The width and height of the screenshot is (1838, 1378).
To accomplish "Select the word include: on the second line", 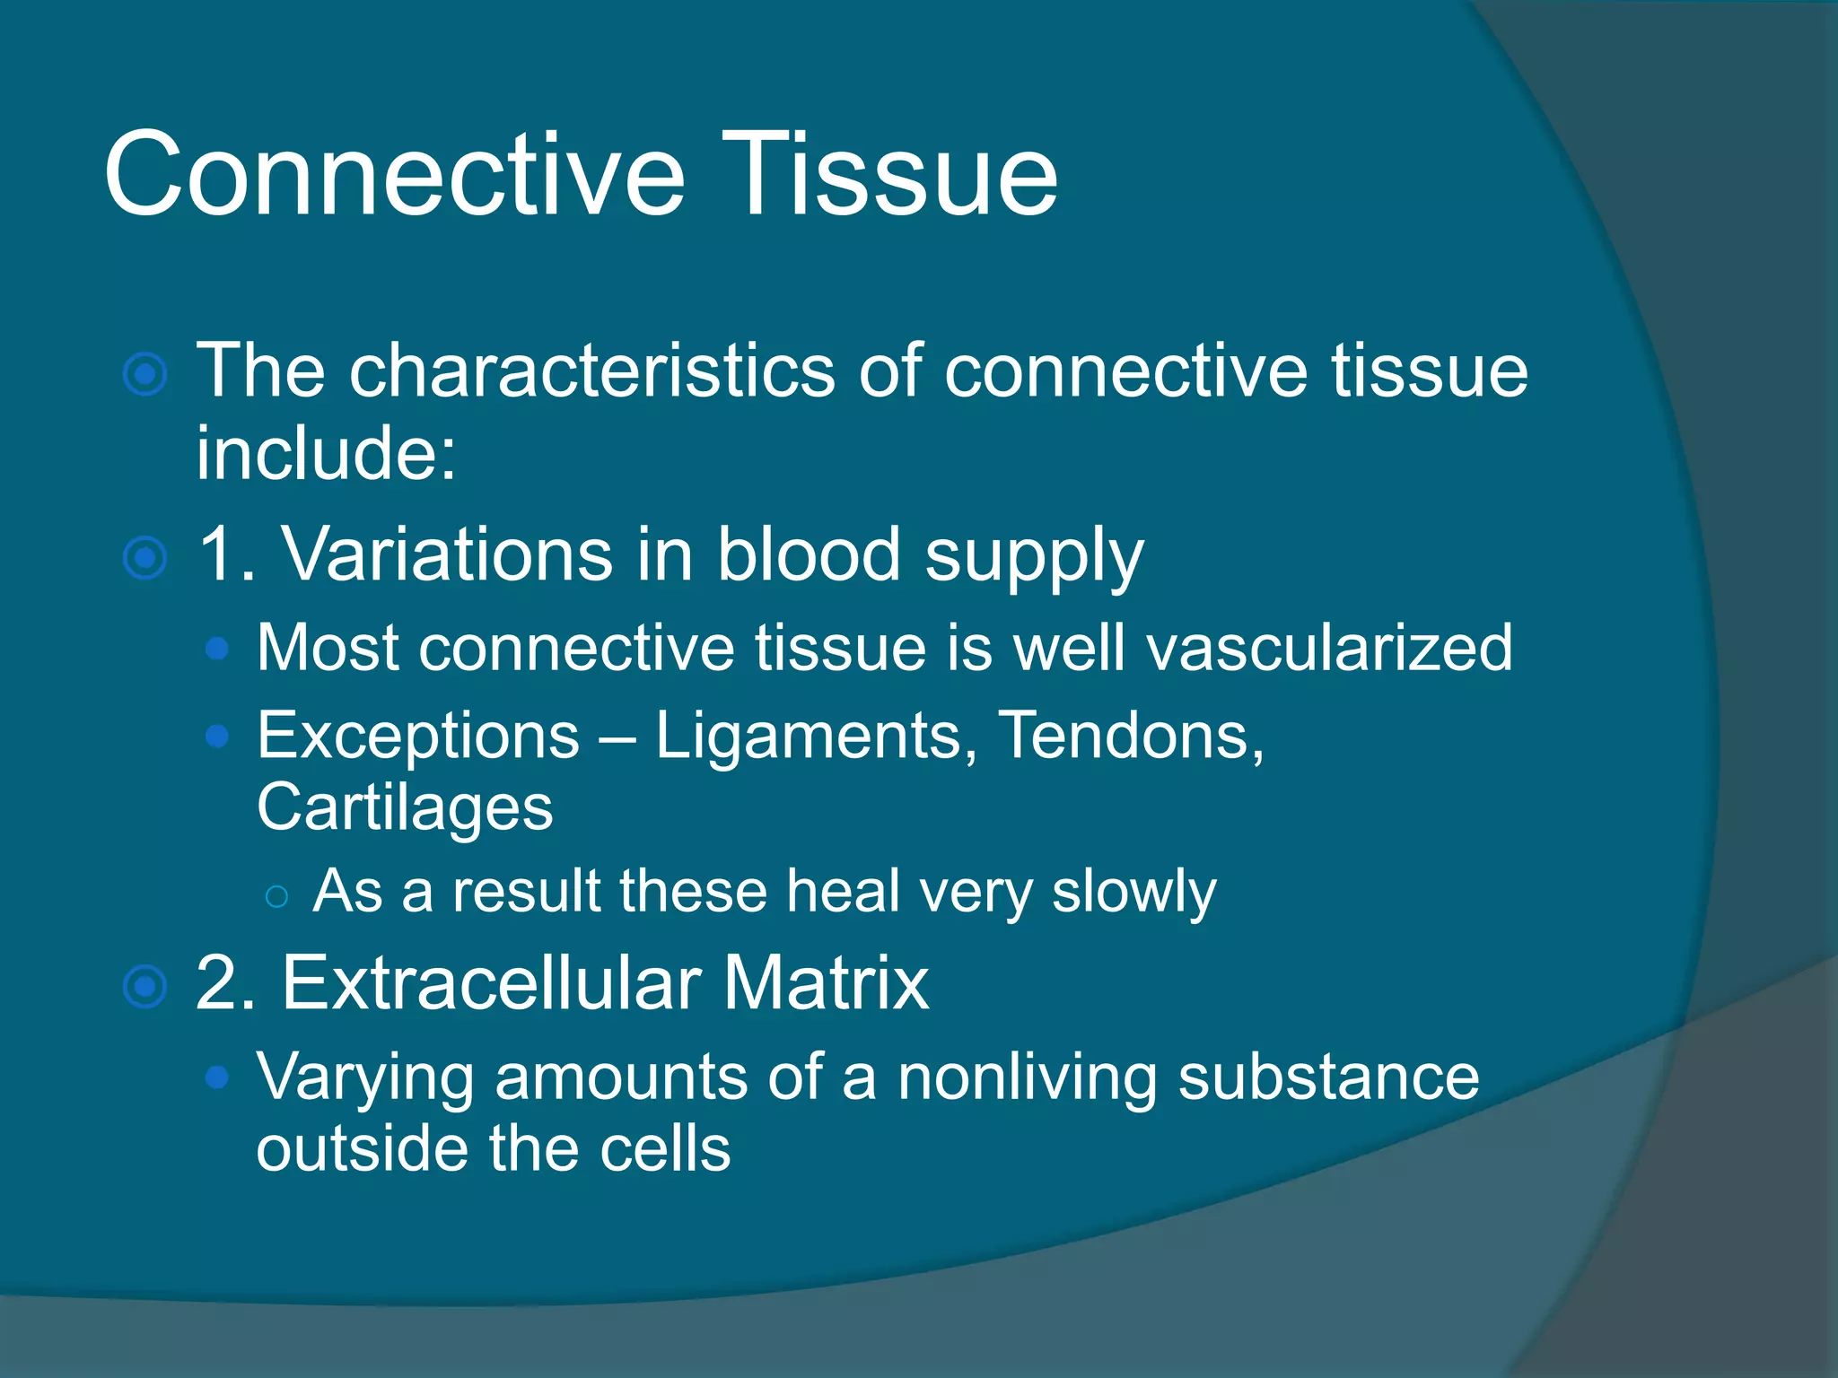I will click(x=326, y=452).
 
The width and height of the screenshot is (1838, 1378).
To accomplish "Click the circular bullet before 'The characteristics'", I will click(x=144, y=374).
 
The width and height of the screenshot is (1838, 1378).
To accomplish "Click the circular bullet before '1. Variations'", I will click(x=144, y=558).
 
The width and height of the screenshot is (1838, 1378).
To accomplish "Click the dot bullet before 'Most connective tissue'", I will click(x=216, y=649).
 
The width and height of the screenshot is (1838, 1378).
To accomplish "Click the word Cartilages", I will click(x=405, y=808).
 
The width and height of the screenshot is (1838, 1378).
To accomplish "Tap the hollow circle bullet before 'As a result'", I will click(x=276, y=895).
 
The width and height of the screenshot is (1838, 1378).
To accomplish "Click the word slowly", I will click(x=1133, y=893).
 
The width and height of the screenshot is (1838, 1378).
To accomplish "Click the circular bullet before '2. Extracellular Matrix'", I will click(x=144, y=987).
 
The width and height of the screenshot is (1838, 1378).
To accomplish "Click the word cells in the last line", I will click(x=665, y=1149).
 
